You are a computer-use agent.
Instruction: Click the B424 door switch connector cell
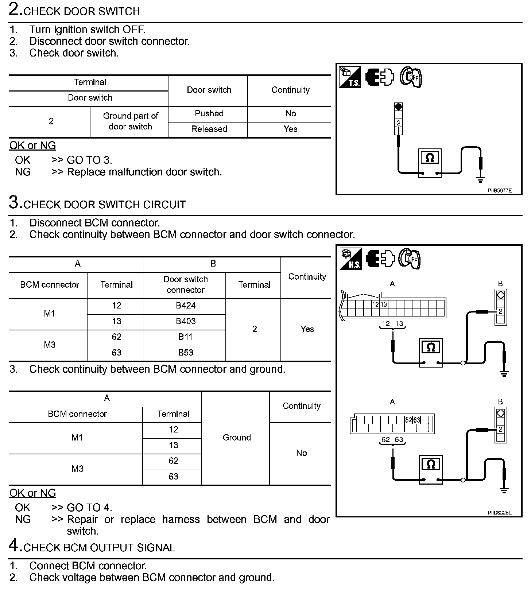186,306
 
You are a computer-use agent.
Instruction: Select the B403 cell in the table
186,321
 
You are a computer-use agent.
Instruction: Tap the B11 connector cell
186,337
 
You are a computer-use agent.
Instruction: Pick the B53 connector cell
186,353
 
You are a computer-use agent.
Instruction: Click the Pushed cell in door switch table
209,113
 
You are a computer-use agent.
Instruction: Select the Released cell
209,129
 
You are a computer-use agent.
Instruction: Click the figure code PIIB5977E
499,190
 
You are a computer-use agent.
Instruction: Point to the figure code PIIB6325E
499,513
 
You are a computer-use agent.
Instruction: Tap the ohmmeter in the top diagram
430,163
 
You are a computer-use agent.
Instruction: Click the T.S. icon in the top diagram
350,77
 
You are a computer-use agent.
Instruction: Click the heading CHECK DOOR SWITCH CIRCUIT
104,205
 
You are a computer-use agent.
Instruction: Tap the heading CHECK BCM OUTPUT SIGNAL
99,548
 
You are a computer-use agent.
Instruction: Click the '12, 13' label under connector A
392,323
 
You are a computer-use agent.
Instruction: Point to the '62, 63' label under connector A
392,439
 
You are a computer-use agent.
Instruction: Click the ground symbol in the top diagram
481,179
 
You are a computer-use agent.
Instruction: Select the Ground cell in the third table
237,438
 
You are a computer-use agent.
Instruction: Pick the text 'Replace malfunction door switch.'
144,172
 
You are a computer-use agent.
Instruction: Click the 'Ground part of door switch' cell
130,121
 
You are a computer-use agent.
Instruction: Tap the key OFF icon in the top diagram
410,77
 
